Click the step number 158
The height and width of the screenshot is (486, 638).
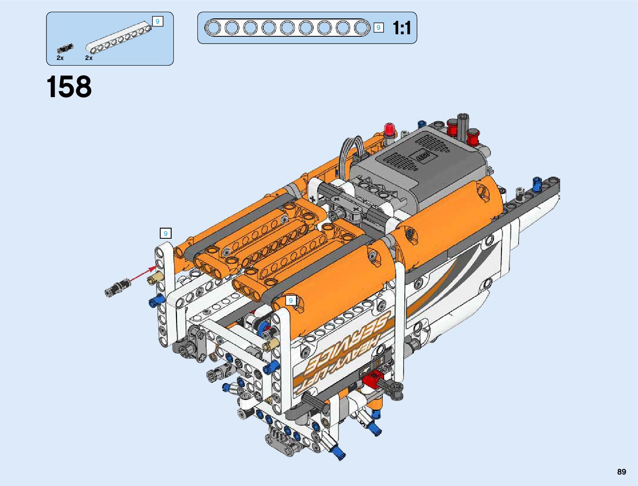(69, 87)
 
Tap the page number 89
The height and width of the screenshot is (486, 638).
(621, 471)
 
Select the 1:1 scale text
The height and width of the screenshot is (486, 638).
(402, 28)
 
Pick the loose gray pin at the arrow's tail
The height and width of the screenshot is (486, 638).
(117, 288)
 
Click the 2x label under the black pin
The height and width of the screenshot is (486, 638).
(60, 58)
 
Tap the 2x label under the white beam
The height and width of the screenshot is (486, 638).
(88, 58)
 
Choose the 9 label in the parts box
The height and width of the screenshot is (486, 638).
(157, 21)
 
